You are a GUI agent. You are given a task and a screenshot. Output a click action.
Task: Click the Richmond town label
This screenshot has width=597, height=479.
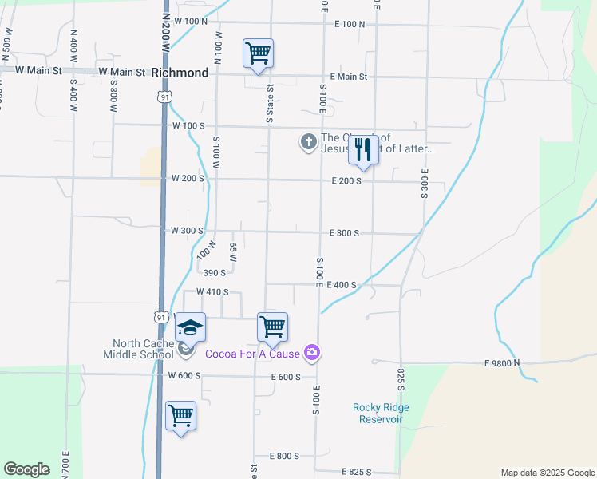[179, 73]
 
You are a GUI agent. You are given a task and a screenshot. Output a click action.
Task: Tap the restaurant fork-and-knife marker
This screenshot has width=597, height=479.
[363, 149]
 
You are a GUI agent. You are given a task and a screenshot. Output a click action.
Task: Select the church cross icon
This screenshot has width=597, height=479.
[308, 142]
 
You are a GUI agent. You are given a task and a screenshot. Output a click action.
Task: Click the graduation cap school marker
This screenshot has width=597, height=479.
[190, 328]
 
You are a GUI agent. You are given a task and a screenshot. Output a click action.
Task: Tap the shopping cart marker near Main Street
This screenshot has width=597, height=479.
[258, 53]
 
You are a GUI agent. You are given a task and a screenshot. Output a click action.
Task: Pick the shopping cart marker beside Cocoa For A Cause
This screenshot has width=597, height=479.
[272, 327]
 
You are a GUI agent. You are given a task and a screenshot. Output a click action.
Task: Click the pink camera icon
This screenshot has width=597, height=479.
[312, 353]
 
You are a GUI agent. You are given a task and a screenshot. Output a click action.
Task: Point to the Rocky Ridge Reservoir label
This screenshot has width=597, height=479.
[382, 413]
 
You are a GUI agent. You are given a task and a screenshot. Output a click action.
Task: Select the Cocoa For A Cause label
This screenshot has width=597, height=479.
[252, 354]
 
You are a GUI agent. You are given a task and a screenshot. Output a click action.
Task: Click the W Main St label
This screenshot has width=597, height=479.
[122, 72]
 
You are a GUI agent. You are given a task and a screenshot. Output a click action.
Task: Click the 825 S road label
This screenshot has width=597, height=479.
[401, 381]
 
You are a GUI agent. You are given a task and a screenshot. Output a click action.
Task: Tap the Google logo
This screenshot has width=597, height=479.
[26, 469]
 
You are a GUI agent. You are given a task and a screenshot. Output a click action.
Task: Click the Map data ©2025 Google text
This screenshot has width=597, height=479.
[547, 473]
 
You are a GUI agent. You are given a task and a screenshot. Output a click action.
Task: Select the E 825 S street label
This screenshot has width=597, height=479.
[359, 473]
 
